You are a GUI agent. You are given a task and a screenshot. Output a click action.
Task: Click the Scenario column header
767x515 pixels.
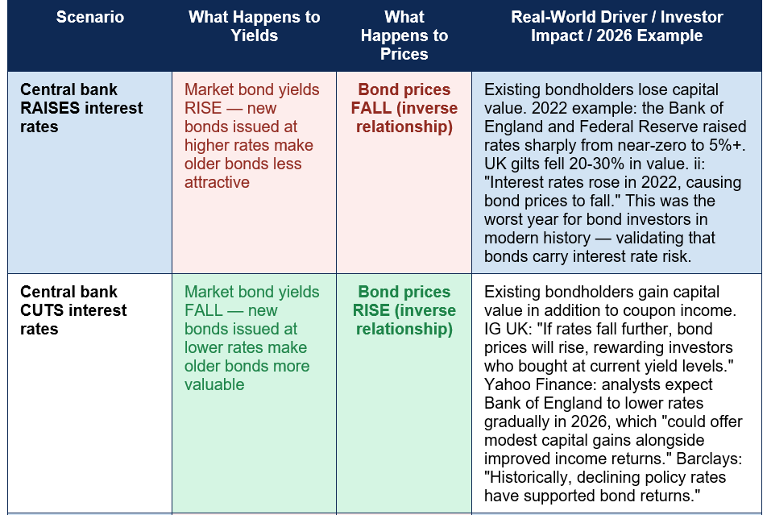90,17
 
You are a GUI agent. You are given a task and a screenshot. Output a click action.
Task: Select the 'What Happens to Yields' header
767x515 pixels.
255,27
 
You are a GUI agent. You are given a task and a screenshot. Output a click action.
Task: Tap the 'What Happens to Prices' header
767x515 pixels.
404,35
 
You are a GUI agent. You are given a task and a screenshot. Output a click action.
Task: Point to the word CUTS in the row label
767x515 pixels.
40,310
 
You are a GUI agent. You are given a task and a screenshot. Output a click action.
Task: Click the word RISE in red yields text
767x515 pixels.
203,108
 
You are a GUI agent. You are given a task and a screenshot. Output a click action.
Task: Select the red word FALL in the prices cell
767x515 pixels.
371,108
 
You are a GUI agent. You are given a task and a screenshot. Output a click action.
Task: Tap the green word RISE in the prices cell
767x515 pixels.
371,310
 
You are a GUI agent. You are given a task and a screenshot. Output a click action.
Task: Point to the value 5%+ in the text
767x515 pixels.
728,145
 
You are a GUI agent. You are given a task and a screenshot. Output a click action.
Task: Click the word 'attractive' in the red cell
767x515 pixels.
218,183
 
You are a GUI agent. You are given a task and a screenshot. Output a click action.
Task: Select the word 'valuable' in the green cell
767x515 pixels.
214,384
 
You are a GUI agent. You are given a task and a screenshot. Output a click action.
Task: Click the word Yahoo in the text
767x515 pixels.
504,384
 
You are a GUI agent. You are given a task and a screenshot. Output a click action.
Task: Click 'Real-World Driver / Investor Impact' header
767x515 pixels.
617,27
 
